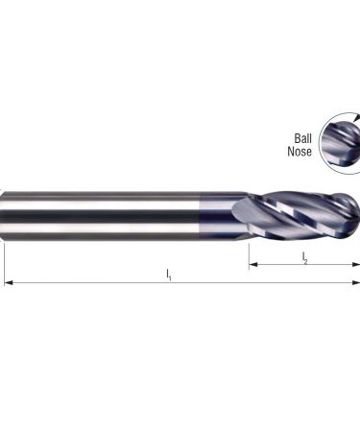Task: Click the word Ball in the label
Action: pos(302,138)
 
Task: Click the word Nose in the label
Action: pos(300,151)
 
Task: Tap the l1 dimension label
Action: pos(169,275)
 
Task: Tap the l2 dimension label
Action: pos(304,258)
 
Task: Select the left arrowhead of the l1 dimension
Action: pos(9,282)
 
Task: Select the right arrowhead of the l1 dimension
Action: pos(356,282)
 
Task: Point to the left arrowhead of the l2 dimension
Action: pos(253,264)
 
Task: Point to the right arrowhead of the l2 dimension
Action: pos(356,264)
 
